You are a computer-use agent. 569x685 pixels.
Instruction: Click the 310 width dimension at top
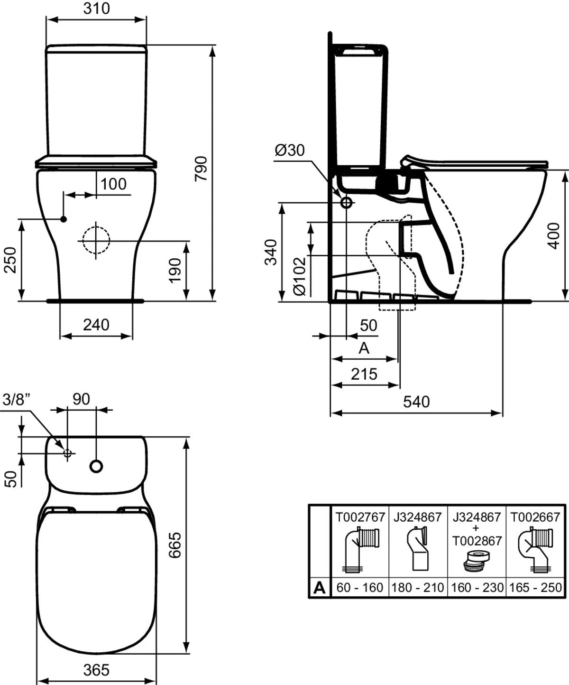point(96,9)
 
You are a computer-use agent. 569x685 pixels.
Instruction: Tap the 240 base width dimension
point(96,325)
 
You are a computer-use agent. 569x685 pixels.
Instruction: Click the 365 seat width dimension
point(96,670)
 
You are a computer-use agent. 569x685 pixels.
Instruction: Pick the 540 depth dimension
point(416,402)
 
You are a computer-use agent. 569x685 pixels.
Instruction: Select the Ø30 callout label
point(289,150)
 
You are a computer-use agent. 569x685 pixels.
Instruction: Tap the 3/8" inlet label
point(16,399)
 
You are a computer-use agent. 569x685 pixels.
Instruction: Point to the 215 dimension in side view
point(364,374)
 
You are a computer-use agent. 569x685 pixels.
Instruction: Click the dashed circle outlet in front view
point(96,240)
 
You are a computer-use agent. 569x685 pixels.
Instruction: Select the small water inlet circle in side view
point(347,203)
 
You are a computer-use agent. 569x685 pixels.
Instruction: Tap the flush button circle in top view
point(96,466)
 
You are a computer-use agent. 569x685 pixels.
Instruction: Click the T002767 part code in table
point(359,516)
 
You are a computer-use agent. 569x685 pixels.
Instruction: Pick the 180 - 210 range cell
point(418,588)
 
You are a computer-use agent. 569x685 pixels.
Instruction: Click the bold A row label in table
point(320,588)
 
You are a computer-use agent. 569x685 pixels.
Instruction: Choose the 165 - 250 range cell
point(534,588)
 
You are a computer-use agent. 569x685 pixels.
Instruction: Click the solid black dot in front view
point(63,219)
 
